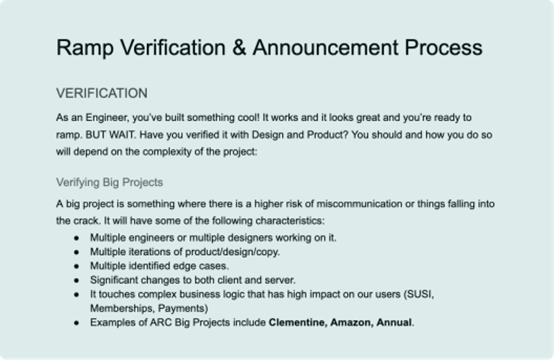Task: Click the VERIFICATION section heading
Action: click(x=102, y=93)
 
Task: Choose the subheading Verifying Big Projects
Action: click(x=109, y=182)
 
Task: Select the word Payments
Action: click(x=185, y=308)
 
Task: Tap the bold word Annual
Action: click(x=394, y=323)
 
